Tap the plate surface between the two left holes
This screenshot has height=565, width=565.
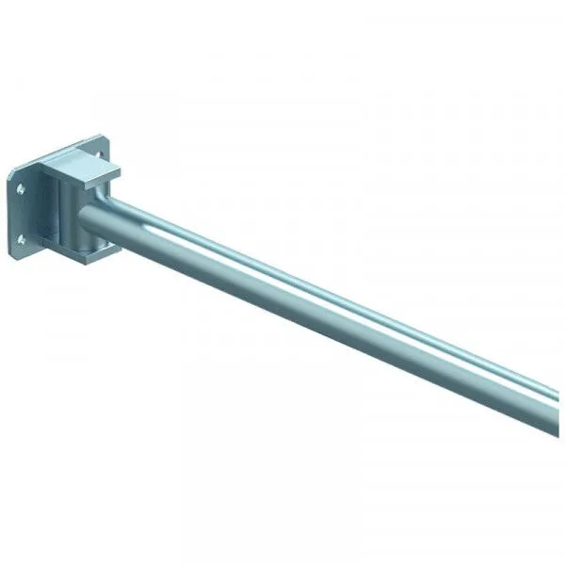20,216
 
